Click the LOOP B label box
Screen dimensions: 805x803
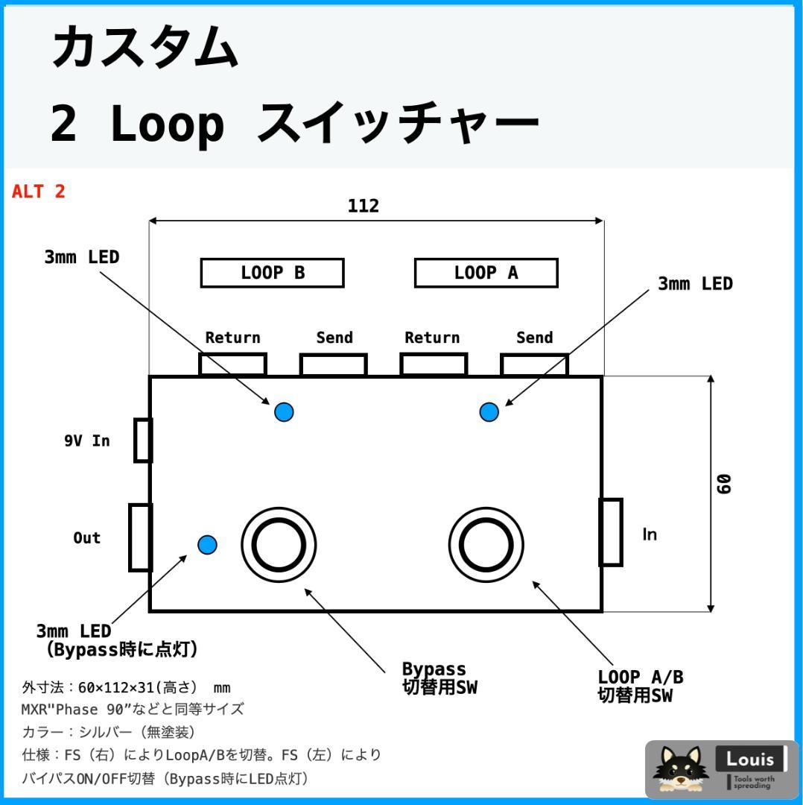pos(272,273)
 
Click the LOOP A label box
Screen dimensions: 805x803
pos(486,273)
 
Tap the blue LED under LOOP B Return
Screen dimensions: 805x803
pos(284,411)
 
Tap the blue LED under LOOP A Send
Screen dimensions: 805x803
pos(489,411)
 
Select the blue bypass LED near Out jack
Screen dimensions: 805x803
pos(207,545)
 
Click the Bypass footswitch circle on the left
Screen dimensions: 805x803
pos(279,543)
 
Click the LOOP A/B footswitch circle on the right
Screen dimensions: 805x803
pos(486,543)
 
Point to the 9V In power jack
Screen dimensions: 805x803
pos(143,441)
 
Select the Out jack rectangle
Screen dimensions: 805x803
pos(140,537)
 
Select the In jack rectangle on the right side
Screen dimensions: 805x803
pos(611,532)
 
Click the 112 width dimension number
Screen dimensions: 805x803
pos(364,206)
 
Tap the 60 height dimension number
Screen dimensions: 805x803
pos(723,484)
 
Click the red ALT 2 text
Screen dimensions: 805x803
pos(39,192)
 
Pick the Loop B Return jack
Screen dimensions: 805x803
pos(232,364)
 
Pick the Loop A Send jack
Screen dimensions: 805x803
pos(534,364)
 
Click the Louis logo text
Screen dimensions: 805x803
pos(750,760)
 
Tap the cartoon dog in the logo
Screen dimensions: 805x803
pos(678,768)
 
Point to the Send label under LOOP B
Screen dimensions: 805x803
pos(334,338)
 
